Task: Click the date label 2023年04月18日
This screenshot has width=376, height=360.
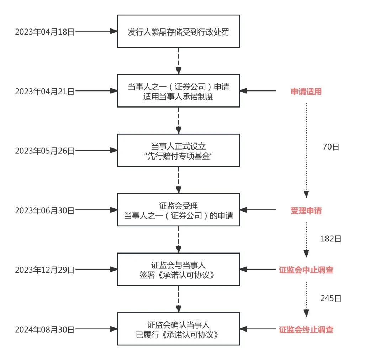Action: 44,32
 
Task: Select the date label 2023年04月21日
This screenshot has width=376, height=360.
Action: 44,91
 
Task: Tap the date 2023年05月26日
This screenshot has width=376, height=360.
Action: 44,151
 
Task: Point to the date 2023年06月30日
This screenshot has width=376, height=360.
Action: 44,210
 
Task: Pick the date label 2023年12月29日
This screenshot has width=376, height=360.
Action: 44,270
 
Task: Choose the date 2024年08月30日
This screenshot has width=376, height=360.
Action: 44,329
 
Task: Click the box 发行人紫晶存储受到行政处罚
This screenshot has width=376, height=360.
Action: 178,32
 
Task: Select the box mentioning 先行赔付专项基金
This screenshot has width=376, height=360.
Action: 178,150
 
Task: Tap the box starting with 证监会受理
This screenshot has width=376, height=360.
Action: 178,210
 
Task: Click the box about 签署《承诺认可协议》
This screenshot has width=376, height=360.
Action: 178,270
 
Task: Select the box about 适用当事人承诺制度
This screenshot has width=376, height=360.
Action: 178,91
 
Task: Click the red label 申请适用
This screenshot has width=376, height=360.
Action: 306,92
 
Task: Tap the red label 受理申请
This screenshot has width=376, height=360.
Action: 306,210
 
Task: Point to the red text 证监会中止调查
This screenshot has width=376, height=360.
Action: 306,270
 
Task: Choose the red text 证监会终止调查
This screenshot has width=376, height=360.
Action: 306,329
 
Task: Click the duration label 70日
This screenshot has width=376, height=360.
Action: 331,147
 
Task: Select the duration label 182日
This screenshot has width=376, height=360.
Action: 331,239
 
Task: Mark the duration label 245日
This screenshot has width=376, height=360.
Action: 331,298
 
